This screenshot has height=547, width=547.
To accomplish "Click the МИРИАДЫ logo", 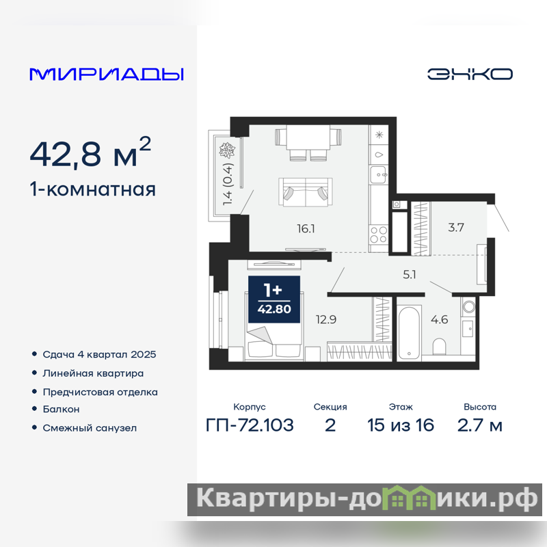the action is (107, 75).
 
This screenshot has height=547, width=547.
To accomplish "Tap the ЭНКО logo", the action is (470, 74).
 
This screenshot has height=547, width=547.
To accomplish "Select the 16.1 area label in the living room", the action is (306, 229).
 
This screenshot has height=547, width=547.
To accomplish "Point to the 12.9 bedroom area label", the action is (326, 319).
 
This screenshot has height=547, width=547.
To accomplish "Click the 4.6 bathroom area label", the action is (440, 319).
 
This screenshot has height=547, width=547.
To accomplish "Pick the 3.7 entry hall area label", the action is (456, 228).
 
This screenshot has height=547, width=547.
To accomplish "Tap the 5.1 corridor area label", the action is (410, 275).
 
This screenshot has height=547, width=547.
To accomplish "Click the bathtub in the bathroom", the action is (409, 332).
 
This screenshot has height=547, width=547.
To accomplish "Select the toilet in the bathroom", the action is (439, 346).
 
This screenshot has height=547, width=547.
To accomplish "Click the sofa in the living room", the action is (306, 192).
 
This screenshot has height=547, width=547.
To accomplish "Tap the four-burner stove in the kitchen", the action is (379, 235).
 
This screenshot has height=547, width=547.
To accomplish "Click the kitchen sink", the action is (379, 174).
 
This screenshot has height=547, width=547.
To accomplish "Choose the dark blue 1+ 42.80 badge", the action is (274, 299).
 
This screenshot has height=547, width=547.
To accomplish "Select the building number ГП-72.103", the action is (250, 425).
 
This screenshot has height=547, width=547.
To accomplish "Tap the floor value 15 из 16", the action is (401, 425).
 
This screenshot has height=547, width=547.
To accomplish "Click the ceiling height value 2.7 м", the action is (480, 425).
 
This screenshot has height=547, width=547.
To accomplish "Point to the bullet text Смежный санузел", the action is (90, 428).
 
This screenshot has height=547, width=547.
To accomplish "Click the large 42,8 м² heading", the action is (90, 152).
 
